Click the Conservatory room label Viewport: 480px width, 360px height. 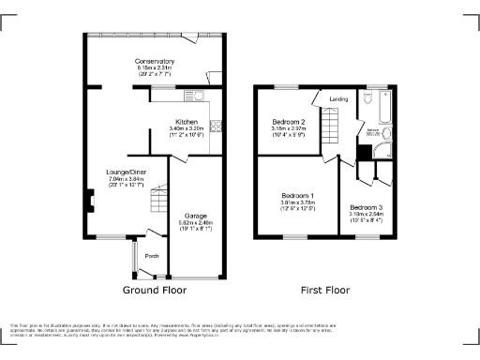tap(156, 61)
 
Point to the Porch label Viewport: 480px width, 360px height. tap(151, 255)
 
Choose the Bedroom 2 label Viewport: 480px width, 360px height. tap(288, 122)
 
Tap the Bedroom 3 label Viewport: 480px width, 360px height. tap(367, 205)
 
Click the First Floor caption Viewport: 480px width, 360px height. tap(326, 291)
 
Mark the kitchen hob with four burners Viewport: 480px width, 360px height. tap(216, 126)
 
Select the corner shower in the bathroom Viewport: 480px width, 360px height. tap(363, 153)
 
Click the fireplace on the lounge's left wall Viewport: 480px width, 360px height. tap(90, 199)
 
